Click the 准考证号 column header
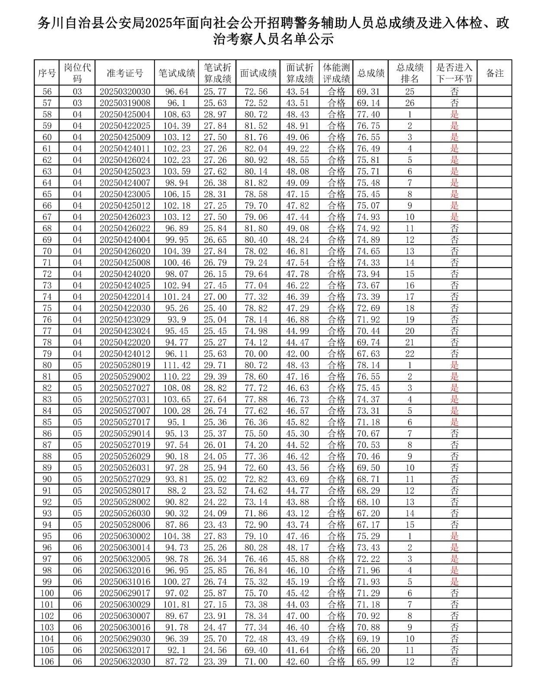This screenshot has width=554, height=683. tap(125, 73)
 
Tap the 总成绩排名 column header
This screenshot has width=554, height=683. tap(409, 73)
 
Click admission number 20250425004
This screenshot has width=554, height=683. tap(125, 114)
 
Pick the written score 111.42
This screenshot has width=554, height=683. tap(177, 365)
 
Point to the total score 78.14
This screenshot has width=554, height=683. tap(370, 365)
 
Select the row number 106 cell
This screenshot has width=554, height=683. tap(47, 661)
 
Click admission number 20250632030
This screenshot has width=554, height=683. tap(125, 661)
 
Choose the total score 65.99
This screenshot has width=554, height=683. tap(370, 661)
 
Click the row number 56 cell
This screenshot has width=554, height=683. tap(47, 91)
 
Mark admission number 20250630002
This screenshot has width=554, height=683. tap(125, 536)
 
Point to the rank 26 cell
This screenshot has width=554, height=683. tap(409, 103)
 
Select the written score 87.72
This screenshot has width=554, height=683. tap(177, 661)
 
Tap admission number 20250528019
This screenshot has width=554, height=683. tap(125, 365)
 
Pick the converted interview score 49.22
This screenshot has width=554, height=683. tap(300, 149)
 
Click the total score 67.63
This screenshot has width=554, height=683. tap(370, 354)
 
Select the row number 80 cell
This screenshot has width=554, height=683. tap(47, 365)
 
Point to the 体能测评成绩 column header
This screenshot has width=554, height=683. tap(336, 73)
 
